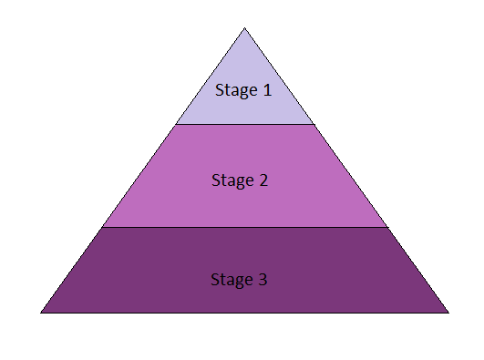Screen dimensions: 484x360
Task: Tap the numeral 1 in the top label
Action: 266,89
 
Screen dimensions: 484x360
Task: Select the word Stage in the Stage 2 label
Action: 232,180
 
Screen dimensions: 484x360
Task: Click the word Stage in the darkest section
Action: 232,280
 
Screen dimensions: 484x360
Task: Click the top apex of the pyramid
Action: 244,28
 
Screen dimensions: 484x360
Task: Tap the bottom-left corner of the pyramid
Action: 41,313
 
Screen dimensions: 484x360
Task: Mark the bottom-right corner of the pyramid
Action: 448,313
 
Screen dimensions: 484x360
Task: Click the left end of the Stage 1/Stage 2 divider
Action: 177,124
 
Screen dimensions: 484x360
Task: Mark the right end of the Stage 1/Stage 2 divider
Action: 314,124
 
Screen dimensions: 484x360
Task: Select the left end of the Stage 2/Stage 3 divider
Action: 102,227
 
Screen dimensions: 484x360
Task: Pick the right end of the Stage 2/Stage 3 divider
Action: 387,227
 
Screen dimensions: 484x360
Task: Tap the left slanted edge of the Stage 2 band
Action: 139,175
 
